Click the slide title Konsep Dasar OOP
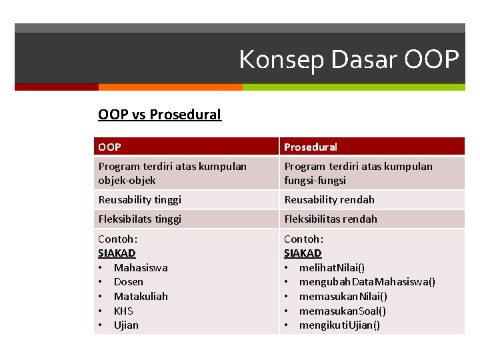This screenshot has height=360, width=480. pyautogui.click(x=349, y=60)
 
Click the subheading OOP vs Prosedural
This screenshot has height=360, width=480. pyautogui.click(x=159, y=115)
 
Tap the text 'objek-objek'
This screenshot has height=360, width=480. pyautogui.click(x=127, y=181)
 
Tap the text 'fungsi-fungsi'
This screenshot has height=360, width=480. pyautogui.click(x=315, y=181)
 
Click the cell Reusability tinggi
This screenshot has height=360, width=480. pyautogui.click(x=139, y=200)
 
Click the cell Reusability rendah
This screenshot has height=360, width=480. pyautogui.click(x=329, y=200)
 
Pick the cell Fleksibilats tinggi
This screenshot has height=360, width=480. pyautogui.click(x=139, y=219)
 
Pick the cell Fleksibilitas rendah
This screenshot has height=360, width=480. pyautogui.click(x=331, y=219)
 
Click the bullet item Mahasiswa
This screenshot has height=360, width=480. pyautogui.click(x=141, y=268)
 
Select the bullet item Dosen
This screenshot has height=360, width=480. pyautogui.click(x=129, y=282)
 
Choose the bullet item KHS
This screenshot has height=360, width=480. pyautogui.click(x=123, y=311)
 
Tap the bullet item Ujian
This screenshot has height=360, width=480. pyautogui.click(x=126, y=325)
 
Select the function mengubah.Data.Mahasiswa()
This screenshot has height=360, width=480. pyautogui.click(x=367, y=282)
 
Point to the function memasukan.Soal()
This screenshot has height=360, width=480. pyautogui.click(x=343, y=311)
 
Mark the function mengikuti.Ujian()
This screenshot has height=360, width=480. pyautogui.click(x=340, y=325)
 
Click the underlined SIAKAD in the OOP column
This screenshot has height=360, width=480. pyautogui.click(x=117, y=253)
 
